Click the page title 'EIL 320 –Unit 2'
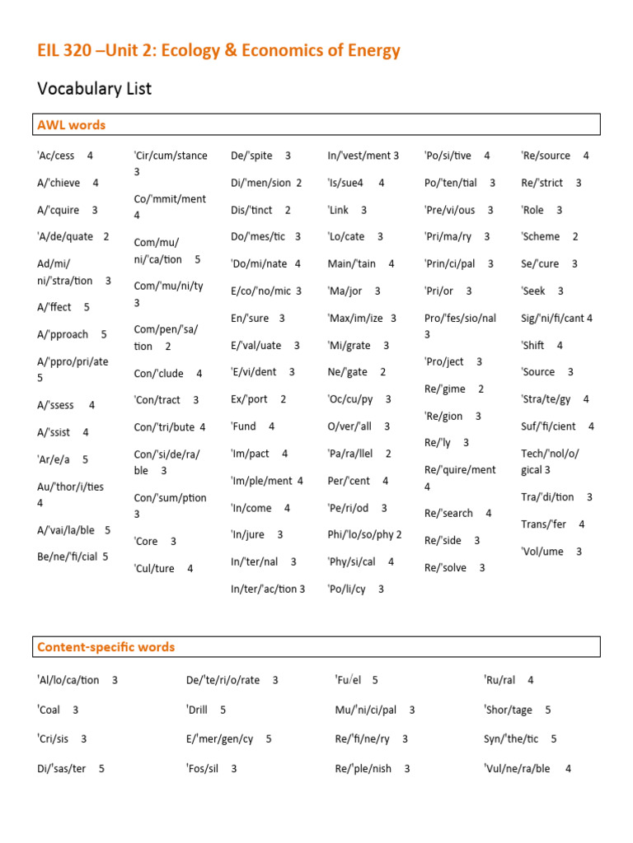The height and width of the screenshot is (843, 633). coord(218,50)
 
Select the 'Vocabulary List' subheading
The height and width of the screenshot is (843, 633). coord(94,89)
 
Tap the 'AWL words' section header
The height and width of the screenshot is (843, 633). coord(71,125)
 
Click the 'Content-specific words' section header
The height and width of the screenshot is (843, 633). coord(105,647)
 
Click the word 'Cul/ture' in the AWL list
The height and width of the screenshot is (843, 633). coord(154,568)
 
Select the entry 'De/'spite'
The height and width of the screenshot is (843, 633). coord(251,156)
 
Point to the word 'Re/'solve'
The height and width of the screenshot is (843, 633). coord(446,567)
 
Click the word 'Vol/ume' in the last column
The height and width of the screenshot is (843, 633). coord(541,551)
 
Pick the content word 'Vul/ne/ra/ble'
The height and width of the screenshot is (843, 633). coord(517,768)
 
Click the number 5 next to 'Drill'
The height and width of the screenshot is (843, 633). coord(223,710)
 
